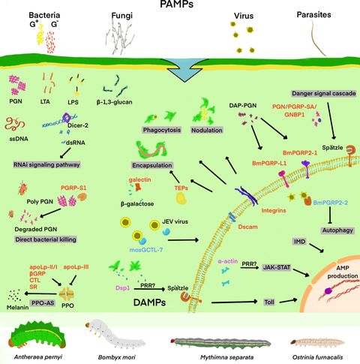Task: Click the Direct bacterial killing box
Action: (x=49, y=239)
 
